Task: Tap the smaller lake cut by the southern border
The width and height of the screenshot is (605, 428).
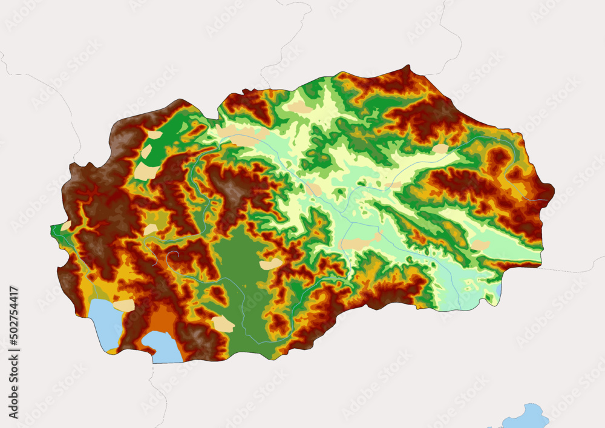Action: tap(162, 347)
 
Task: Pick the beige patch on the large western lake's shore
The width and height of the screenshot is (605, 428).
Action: tap(124, 305)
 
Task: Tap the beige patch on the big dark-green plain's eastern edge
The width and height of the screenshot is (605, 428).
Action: tap(271, 264)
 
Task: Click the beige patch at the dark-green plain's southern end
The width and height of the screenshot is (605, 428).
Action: tap(223, 324)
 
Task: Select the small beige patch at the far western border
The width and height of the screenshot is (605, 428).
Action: tap(66, 226)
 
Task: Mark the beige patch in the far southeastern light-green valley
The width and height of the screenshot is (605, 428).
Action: tap(480, 245)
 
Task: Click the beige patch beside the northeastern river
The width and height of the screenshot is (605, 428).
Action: tap(440, 149)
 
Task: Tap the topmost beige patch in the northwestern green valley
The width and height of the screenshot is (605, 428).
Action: tap(155, 135)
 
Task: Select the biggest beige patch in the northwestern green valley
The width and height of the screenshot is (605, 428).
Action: tap(145, 171)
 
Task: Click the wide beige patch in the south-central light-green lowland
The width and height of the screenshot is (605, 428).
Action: tap(357, 243)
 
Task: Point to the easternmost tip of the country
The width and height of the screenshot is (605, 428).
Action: tap(554, 195)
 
